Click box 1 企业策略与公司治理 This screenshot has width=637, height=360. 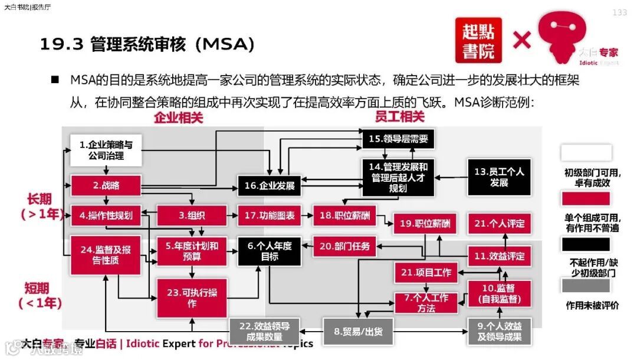tap(106, 150)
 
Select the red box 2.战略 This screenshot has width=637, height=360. tap(106, 185)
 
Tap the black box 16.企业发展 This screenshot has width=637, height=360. tap(270, 185)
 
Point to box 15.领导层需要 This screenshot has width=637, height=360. tap(398, 139)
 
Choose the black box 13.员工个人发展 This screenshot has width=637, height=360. tap(499, 177)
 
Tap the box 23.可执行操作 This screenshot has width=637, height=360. tap(192, 299)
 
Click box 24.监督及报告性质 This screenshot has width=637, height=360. tap(106, 255)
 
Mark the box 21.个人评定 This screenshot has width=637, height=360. tap(499, 224)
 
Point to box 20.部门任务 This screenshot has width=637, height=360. tap(344, 246)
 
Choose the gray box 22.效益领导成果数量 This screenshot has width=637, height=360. tap(264, 331)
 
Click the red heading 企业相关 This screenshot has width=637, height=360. tap(179, 117)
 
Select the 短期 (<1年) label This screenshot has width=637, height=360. tap(43, 296)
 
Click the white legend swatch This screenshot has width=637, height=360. tap(585, 153)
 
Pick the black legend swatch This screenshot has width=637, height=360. tap(585, 244)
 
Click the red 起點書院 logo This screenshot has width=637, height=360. tap(478, 40)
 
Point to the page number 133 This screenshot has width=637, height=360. tap(620, 13)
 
